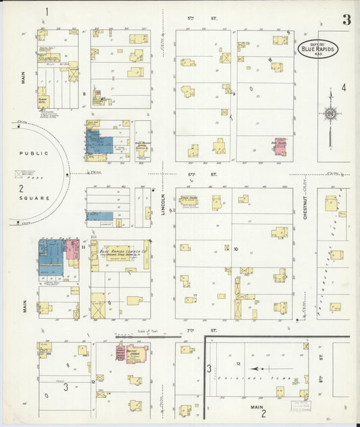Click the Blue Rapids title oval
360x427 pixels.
coord(316,48)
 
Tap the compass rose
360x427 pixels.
coord(330,114)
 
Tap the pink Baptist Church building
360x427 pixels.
coord(137,353)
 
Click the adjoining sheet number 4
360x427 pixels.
coord(343,87)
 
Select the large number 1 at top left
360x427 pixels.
coord(47,11)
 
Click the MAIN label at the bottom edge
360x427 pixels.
coord(257,407)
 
